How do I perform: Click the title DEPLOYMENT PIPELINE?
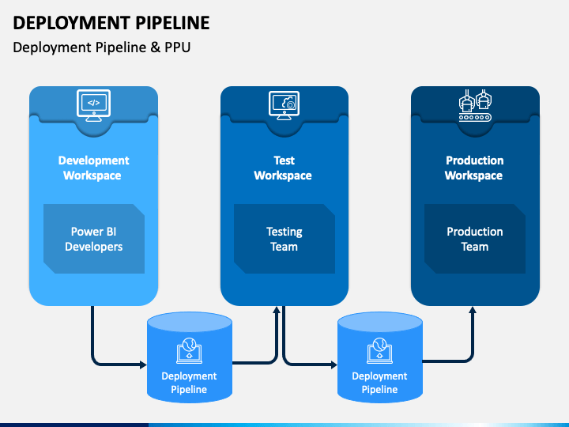pos(111,23)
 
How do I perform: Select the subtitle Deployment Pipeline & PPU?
pos(102,47)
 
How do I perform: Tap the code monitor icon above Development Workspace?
pos(93,105)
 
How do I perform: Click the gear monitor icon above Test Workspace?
pos(284,105)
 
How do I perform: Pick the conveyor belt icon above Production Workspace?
pos(475,105)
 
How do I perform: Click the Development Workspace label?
pos(93,168)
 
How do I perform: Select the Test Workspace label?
pos(283,168)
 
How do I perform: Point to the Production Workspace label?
pos(474,168)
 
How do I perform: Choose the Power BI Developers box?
pos(94,239)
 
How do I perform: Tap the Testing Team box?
pos(284,239)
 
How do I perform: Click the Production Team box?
pos(475,239)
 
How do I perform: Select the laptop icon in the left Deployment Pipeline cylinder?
pos(189,351)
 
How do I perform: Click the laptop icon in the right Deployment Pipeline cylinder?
pos(379,351)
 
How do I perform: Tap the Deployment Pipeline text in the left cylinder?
pos(189,383)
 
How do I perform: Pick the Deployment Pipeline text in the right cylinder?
pos(379,383)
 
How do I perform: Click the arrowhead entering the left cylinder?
pos(143,365)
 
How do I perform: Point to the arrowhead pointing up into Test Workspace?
pos(277,310)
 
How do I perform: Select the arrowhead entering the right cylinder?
pos(333,365)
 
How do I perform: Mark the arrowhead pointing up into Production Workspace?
pos(473,310)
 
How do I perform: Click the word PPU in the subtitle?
pos(178,47)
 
